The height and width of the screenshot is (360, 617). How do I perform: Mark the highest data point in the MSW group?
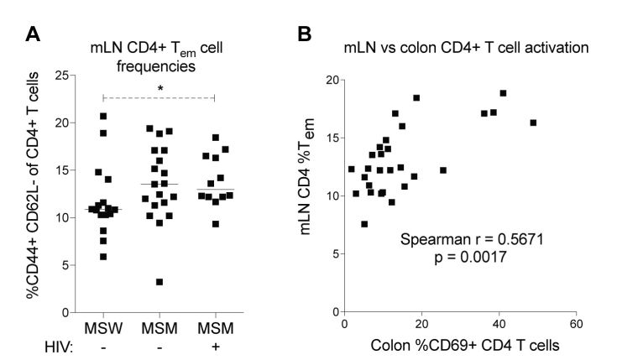coord(103,117)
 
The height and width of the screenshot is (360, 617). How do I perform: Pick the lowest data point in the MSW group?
coord(103,257)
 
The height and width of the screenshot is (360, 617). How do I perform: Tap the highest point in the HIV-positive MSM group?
coord(216,138)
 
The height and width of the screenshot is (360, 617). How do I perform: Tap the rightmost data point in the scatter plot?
coord(533,123)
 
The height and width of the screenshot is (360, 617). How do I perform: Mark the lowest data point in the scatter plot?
coord(364,224)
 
